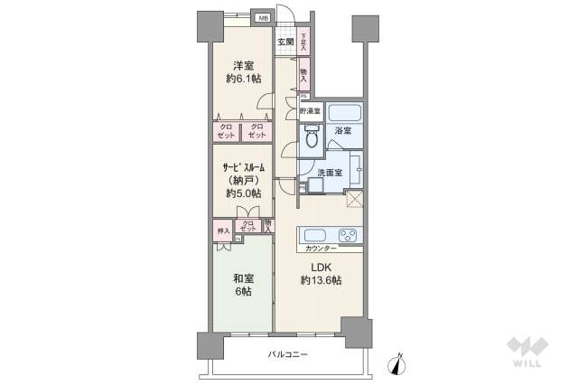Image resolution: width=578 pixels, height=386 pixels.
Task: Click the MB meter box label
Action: point(263,18)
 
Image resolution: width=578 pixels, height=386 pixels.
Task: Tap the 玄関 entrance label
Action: point(285,42)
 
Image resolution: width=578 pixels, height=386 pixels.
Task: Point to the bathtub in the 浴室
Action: point(344,113)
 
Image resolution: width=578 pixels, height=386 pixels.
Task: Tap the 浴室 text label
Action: point(343,132)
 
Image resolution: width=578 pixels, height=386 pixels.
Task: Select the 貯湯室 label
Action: point(312,111)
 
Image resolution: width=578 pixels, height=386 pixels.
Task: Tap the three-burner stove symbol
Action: point(347,234)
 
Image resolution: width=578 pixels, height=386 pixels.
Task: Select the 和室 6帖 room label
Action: point(241,286)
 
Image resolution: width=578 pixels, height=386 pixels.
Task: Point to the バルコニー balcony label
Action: point(287,353)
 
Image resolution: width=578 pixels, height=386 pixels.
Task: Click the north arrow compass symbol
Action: point(395,362)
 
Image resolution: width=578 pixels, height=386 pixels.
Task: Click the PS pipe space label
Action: point(303,97)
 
